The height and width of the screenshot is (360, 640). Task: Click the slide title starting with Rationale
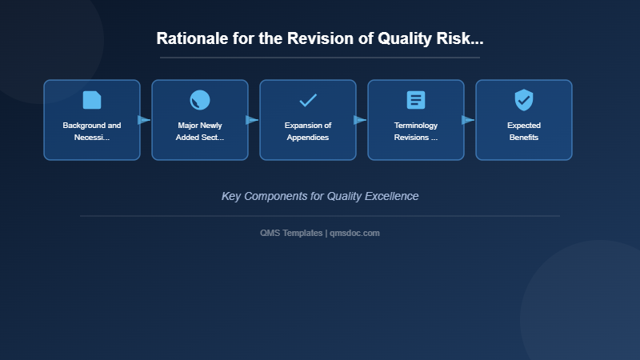[x=320, y=38]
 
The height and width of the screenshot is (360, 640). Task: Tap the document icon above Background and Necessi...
[x=92, y=100]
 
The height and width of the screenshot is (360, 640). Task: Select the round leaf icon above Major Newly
[x=200, y=100]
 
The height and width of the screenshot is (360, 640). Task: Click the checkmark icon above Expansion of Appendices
[x=308, y=100]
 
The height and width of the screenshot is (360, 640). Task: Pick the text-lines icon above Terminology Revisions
[x=416, y=100]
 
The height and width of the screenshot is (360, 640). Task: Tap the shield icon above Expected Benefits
[x=524, y=100]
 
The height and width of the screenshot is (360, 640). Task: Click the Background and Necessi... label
[x=92, y=131]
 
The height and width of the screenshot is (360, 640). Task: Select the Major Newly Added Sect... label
[x=200, y=131]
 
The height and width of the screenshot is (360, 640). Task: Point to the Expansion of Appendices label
[x=308, y=131]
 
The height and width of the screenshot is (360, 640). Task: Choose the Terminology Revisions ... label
[x=416, y=131]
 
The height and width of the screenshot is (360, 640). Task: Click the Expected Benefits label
[x=524, y=131]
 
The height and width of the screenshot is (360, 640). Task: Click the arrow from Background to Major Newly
[x=144, y=120]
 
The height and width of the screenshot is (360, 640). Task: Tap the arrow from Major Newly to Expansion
[x=252, y=120]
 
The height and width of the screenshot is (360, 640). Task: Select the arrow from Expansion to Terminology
[x=360, y=120]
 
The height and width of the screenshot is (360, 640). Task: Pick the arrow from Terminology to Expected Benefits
[x=468, y=120]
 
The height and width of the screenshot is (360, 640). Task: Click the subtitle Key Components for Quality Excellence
[x=320, y=196]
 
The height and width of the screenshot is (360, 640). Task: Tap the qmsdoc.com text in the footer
[x=354, y=233]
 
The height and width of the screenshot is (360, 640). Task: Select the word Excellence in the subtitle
[x=392, y=196]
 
